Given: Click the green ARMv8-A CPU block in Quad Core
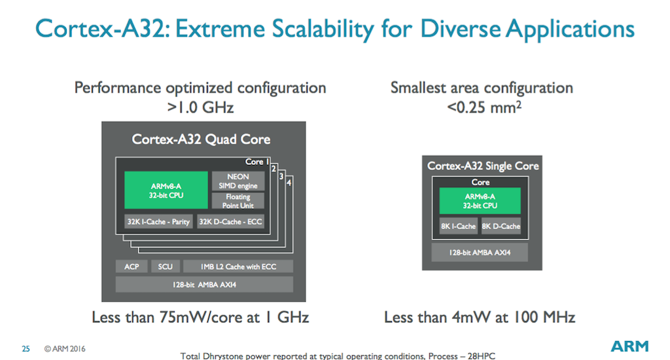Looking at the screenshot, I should coord(166,190).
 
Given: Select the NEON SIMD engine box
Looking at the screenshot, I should coord(238,181).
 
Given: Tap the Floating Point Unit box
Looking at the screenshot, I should coord(238,201).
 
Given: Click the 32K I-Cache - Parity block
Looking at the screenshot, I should coord(158,222).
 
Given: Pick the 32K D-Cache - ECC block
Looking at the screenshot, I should coord(230,222).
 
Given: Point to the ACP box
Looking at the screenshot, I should coord(132,266).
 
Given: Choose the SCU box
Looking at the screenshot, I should coord(165,266).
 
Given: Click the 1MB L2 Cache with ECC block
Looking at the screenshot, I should coord(238,266).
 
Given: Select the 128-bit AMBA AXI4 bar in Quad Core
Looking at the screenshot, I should coord(204,285).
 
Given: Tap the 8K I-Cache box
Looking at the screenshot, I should coord(458,226).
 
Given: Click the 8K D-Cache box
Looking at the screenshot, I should coord(501,226).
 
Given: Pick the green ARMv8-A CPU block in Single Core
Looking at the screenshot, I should coord(480,201).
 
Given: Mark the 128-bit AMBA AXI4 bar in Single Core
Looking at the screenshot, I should coord(480,252).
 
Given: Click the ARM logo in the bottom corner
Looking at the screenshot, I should coord(629,347).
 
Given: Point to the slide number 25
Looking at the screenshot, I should coord(26,349).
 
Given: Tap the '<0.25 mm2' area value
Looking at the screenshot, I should coord(481,105).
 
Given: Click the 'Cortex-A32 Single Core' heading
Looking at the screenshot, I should coord(483,166).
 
